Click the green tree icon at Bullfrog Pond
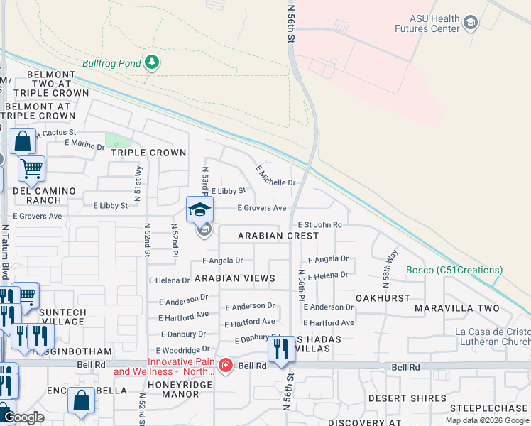[x=151, y=63]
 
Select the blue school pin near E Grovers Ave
[x=200, y=210]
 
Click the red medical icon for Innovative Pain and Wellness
[x=226, y=366]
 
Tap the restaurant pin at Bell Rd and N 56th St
[x=281, y=349]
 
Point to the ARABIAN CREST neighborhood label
[x=278, y=236]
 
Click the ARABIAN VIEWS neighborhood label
[x=234, y=278]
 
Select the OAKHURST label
[x=383, y=299]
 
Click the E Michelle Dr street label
[x=275, y=176]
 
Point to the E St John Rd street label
[x=319, y=224]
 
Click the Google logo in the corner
[x=23, y=418]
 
